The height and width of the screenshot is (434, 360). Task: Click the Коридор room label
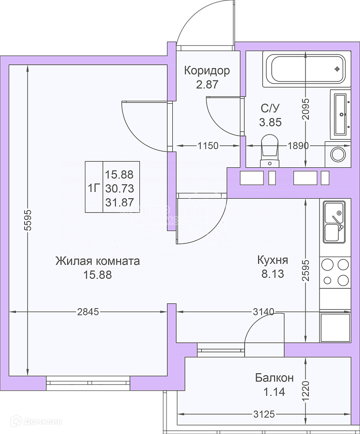207,71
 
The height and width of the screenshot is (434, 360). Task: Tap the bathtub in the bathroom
304,69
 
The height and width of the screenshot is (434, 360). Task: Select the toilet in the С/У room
269,149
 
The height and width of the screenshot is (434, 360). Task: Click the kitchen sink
333,221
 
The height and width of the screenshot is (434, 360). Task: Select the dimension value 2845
88,312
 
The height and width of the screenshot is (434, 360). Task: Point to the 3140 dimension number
263,312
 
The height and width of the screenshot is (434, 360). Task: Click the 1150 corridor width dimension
208,145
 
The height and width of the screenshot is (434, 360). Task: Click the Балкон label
274,379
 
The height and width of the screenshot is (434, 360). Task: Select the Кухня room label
273,260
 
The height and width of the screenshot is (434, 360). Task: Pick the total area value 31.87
119,202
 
